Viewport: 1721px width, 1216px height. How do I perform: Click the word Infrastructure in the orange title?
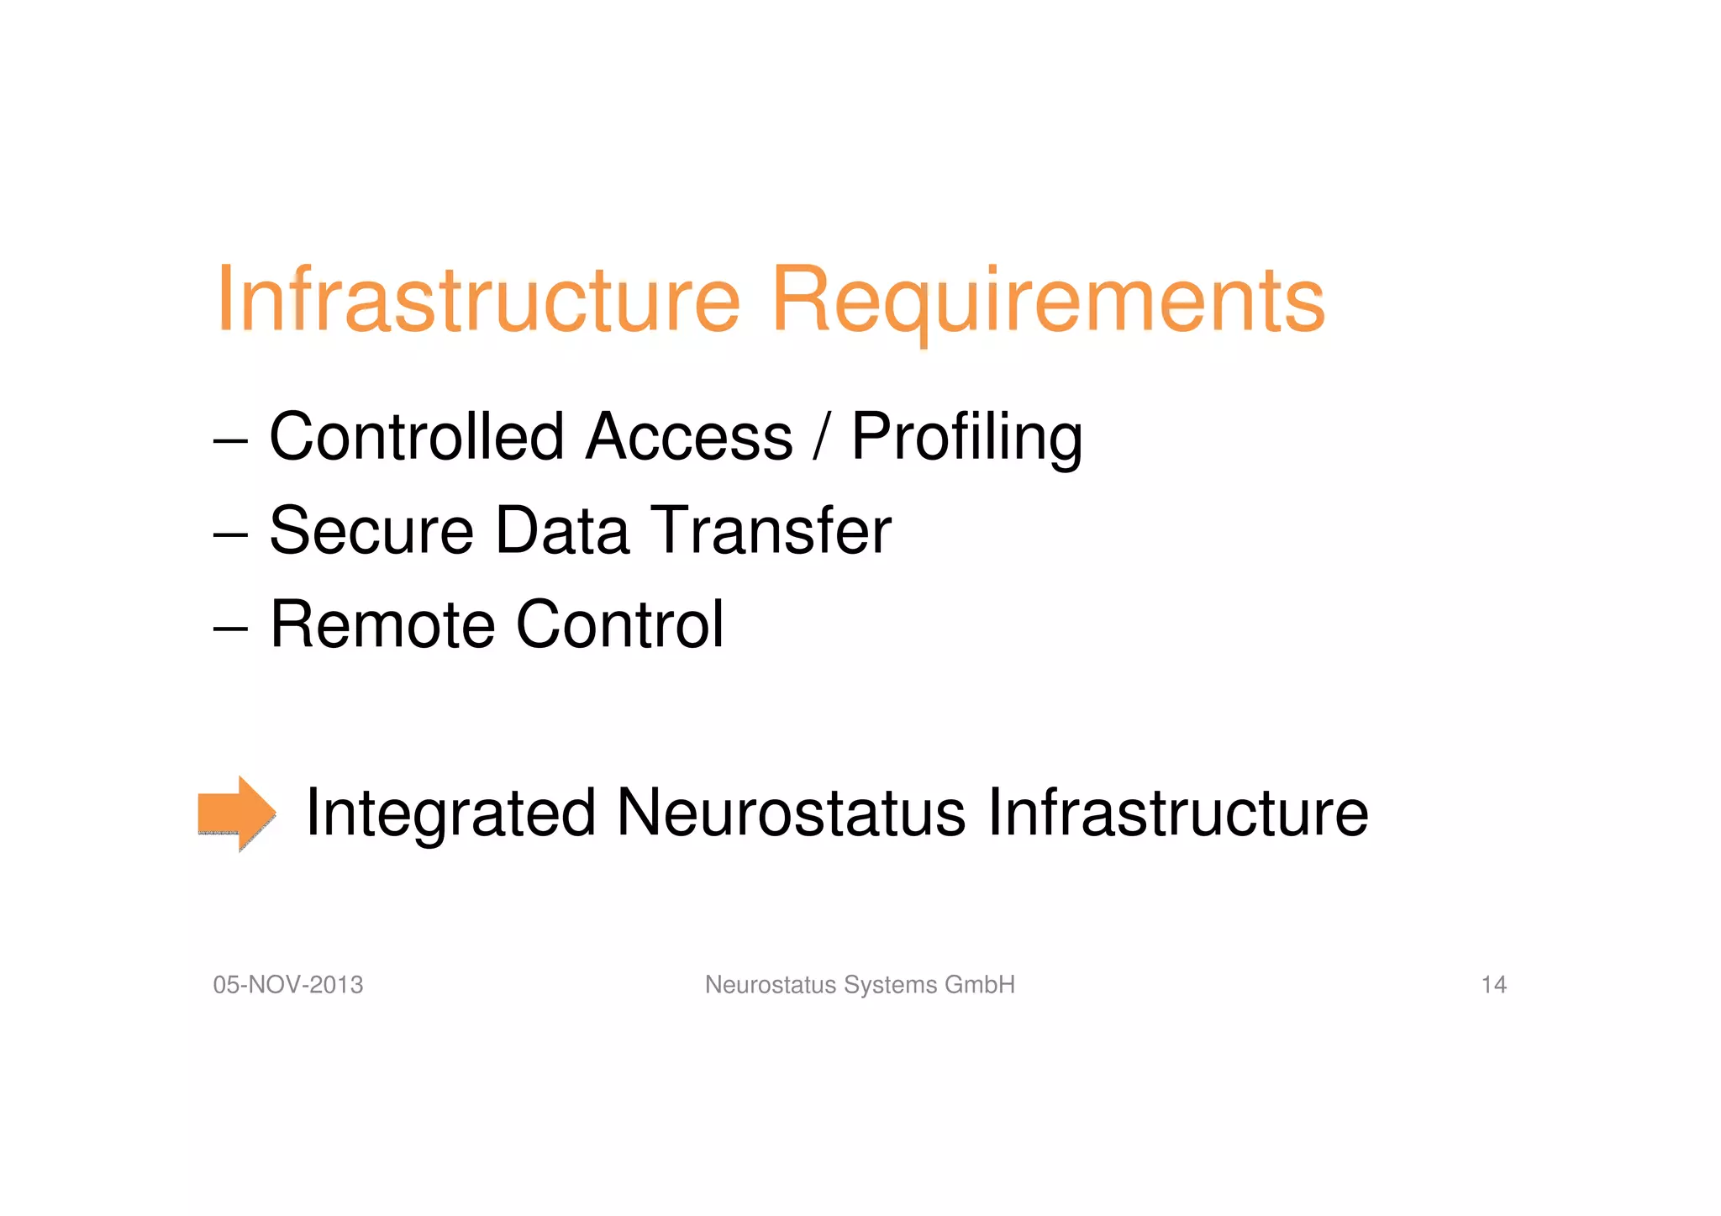point(478,300)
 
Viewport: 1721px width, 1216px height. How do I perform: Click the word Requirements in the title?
point(1047,300)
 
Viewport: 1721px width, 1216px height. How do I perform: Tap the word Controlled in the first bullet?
point(416,437)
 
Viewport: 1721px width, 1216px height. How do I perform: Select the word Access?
point(689,437)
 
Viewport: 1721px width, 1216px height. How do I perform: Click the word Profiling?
point(966,437)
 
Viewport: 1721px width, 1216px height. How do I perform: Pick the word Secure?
point(371,531)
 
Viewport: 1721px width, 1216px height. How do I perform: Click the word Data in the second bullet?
point(562,531)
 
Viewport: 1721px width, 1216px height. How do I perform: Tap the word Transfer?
point(771,531)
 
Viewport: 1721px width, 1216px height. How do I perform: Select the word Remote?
point(382,625)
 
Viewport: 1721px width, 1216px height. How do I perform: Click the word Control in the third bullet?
point(619,625)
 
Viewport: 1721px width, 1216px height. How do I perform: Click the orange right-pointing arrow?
point(236,813)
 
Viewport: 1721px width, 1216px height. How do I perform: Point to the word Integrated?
point(450,813)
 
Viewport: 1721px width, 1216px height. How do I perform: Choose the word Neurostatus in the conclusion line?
point(791,813)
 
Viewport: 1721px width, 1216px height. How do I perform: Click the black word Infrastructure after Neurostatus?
point(1177,813)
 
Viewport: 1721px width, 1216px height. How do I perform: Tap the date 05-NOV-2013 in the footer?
point(288,985)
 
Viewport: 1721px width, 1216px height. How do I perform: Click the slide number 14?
point(1493,985)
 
